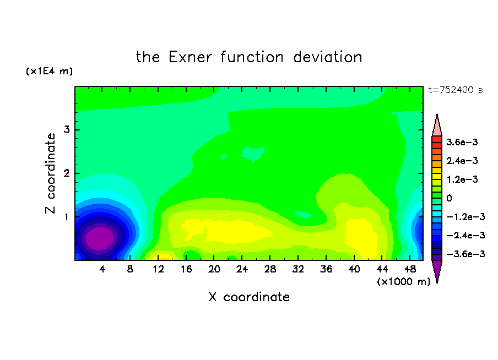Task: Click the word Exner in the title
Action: [190, 57]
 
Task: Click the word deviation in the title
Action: [328, 57]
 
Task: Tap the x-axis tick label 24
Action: [242, 269]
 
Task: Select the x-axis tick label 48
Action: [410, 269]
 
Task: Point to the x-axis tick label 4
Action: [102, 269]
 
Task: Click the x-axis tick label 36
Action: [326, 269]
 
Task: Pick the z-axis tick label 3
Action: [67, 129]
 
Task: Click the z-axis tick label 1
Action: [67, 217]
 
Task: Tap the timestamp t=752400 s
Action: [456, 90]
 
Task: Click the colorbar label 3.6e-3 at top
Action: [462, 142]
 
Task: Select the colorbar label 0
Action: [449, 198]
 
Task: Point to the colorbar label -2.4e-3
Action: [465, 235]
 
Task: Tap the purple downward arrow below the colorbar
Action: [437, 270]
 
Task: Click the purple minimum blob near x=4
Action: [100, 238]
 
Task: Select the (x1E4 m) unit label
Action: [49, 71]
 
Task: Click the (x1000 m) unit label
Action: [404, 282]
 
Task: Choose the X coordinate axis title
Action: [249, 297]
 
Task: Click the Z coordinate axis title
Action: [50, 173]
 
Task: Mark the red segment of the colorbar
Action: [437, 139]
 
